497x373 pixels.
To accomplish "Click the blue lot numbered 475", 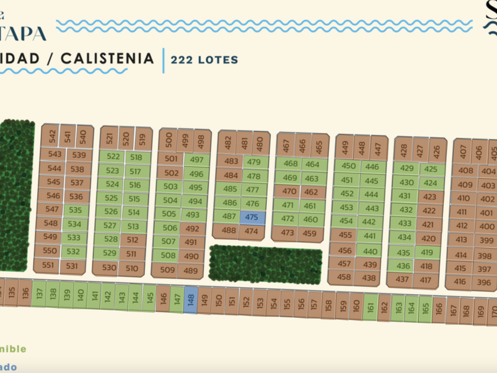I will (251, 217).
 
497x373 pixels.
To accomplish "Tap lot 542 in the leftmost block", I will (52, 137).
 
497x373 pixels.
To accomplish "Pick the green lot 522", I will (112, 157).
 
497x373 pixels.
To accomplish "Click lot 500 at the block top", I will (169, 140).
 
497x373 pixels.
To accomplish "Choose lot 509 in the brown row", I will (168, 271).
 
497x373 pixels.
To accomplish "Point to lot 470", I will (289, 191).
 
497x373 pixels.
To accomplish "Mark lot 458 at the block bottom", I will (344, 276).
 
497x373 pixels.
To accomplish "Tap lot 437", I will (402, 279).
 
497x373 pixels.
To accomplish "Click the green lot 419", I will (427, 253).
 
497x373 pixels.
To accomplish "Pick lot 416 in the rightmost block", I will (460, 282).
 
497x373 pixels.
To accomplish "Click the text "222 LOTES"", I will (204, 59).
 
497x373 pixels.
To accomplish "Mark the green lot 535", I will (75, 210).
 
